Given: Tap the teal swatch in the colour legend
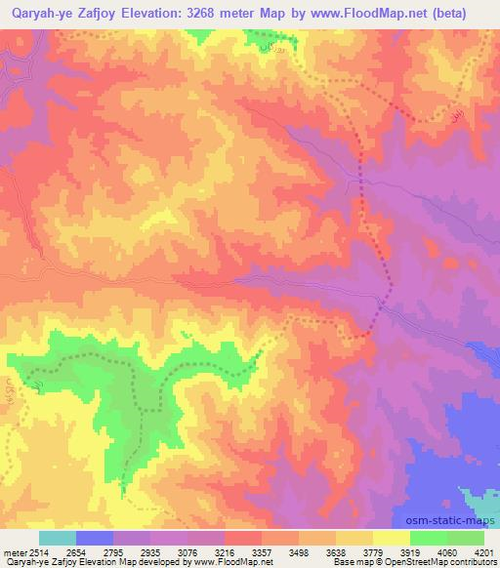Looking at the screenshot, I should tap(58, 538).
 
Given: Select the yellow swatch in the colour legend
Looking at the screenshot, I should tap(392, 538).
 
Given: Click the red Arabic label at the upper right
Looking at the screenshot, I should tap(454, 116).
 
